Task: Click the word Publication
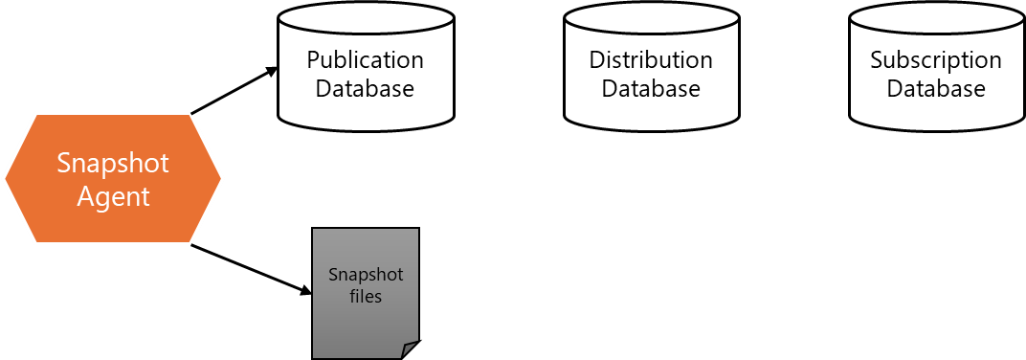point(365,59)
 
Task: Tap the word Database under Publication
point(365,89)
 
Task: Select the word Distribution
point(651,59)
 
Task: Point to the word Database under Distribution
point(651,89)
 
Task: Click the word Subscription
point(935,59)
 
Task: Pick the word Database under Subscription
point(935,89)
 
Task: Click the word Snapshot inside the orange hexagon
point(112,163)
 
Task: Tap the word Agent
point(112,196)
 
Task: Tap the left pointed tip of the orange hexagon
point(6,178)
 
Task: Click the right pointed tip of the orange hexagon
point(221,178)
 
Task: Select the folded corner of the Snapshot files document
point(410,349)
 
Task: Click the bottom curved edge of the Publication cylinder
point(366,126)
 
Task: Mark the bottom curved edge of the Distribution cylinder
point(651,126)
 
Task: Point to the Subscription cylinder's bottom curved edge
point(936,126)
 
